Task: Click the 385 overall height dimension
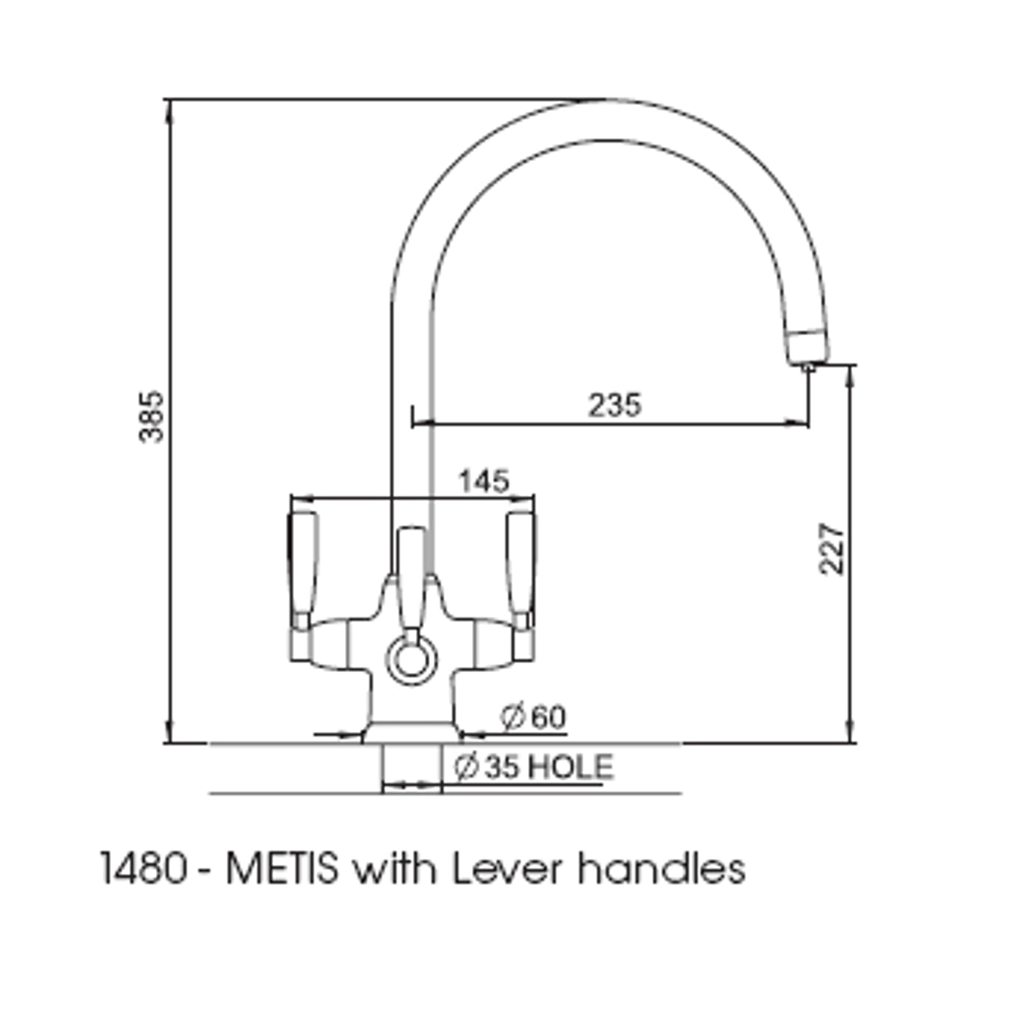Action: coord(151,416)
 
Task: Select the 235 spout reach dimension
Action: coord(614,405)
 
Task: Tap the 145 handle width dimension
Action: coord(484,481)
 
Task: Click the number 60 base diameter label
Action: coord(549,717)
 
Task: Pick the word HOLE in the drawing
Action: coord(570,767)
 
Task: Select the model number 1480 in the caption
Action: coord(142,870)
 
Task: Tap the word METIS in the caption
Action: coord(282,870)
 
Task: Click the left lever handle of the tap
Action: coord(303,565)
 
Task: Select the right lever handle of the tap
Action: coord(520,565)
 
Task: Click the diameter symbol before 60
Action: coord(512,717)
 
